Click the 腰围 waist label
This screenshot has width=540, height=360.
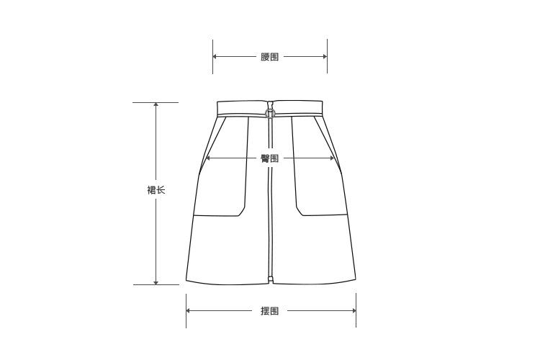(269, 56)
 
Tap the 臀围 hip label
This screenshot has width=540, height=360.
(269, 158)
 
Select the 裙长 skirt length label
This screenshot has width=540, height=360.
(156, 190)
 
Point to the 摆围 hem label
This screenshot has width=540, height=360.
(269, 311)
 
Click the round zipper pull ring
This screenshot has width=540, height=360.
(270, 112)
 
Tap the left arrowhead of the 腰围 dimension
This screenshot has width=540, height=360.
(215, 56)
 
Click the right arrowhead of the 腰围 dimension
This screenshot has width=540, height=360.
(325, 56)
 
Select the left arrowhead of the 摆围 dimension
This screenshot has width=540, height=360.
(188, 311)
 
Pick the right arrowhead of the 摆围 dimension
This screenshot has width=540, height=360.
(354, 311)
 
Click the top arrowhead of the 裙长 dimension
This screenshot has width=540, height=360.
(156, 104)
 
